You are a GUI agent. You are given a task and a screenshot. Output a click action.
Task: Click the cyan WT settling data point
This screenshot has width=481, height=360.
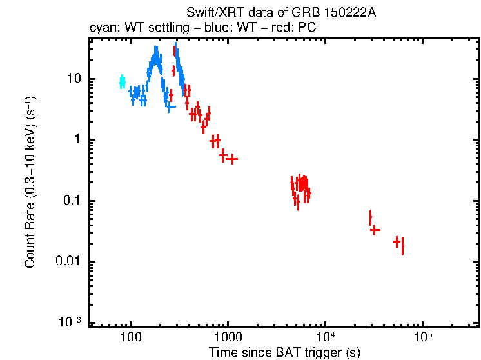(122, 81)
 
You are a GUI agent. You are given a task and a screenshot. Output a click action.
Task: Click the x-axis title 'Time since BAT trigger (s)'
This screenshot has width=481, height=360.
(284, 352)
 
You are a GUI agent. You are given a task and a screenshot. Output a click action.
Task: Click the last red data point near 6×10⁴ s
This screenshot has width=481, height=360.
(402, 246)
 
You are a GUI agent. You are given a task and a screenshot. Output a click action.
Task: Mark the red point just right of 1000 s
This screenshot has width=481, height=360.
(232, 159)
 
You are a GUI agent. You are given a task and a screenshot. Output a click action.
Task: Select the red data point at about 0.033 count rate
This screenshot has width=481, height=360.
(374, 230)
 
